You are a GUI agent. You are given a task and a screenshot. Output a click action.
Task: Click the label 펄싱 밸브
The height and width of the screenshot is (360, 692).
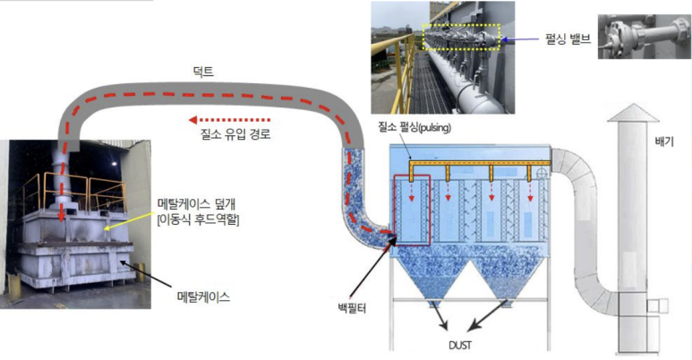click(568, 40)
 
